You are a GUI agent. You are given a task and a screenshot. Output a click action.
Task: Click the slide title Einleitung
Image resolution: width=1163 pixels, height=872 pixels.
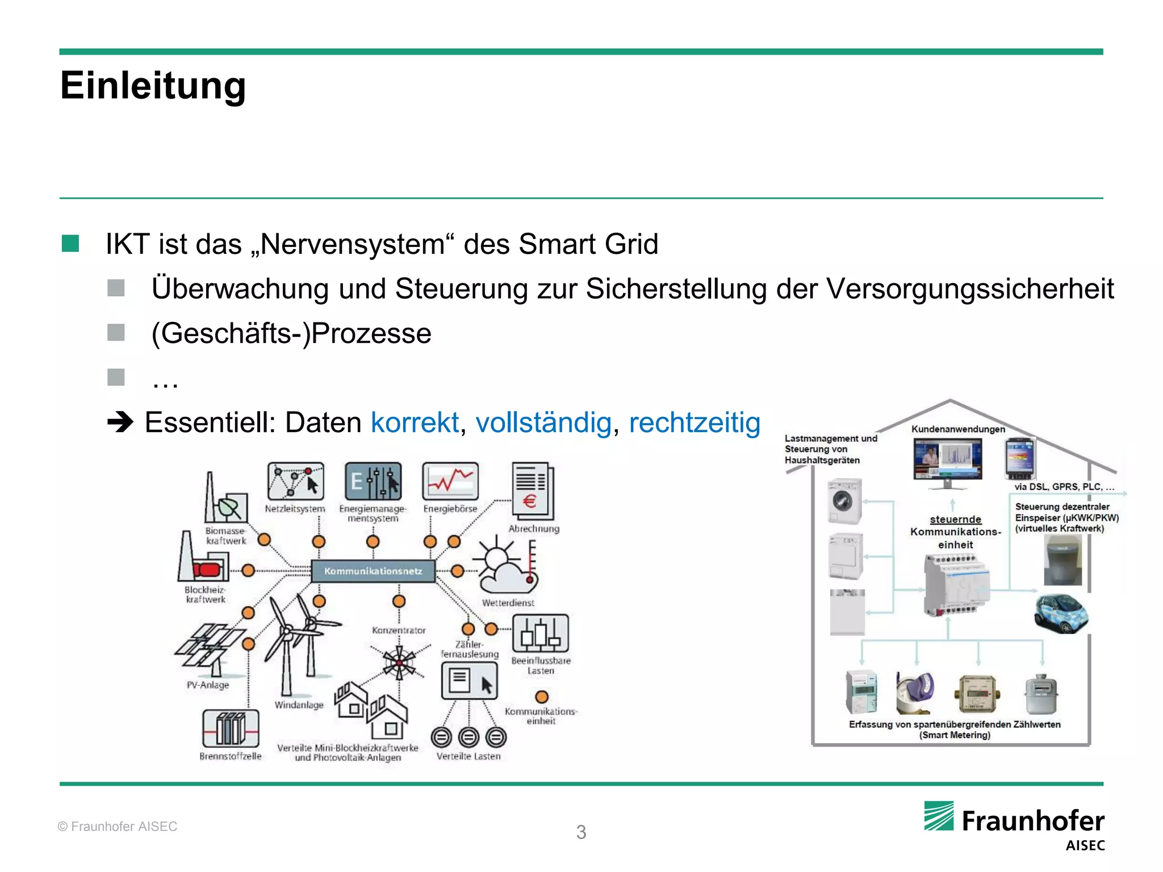pos(153,86)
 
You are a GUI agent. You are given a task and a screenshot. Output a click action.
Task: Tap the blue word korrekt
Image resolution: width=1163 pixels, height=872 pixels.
pos(415,423)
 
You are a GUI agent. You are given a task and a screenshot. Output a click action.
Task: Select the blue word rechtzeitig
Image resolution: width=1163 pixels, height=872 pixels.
pos(694,423)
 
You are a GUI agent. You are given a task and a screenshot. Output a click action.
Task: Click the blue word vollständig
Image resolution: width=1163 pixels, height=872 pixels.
pos(543,423)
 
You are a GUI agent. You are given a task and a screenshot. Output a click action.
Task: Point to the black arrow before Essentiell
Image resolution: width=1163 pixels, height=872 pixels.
pos(120,422)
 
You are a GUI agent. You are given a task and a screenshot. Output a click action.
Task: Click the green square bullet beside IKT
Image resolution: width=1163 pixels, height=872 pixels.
pos(70,244)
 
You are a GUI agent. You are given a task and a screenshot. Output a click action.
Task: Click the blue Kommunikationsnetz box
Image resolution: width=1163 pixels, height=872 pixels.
pos(373,571)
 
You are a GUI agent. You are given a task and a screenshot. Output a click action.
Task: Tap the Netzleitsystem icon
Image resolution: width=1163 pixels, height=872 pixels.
pos(295,481)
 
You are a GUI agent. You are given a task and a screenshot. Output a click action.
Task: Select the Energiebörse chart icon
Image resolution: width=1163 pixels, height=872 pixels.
pos(450,481)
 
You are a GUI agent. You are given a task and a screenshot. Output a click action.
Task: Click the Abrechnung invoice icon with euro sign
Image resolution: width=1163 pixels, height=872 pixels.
pos(533,491)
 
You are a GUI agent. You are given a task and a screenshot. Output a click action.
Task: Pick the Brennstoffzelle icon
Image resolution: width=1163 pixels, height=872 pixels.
pos(231,728)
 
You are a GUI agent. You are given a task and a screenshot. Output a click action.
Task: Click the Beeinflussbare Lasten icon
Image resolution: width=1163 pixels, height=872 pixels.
pos(540,633)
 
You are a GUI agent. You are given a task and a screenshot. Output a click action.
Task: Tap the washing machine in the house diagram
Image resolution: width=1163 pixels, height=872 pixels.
pos(844,501)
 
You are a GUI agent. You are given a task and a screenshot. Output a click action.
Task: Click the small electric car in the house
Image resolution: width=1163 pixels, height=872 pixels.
pos(1060,613)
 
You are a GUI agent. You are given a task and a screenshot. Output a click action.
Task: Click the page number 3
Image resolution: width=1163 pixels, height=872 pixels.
pos(581,832)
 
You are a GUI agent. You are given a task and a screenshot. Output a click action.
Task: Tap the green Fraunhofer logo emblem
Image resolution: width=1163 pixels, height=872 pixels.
pos(939,816)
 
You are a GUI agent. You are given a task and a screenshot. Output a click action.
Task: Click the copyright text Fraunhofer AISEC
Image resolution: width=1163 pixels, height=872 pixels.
pos(118,827)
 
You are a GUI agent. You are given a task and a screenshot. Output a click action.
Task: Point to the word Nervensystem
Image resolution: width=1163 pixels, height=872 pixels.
pos(352,245)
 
